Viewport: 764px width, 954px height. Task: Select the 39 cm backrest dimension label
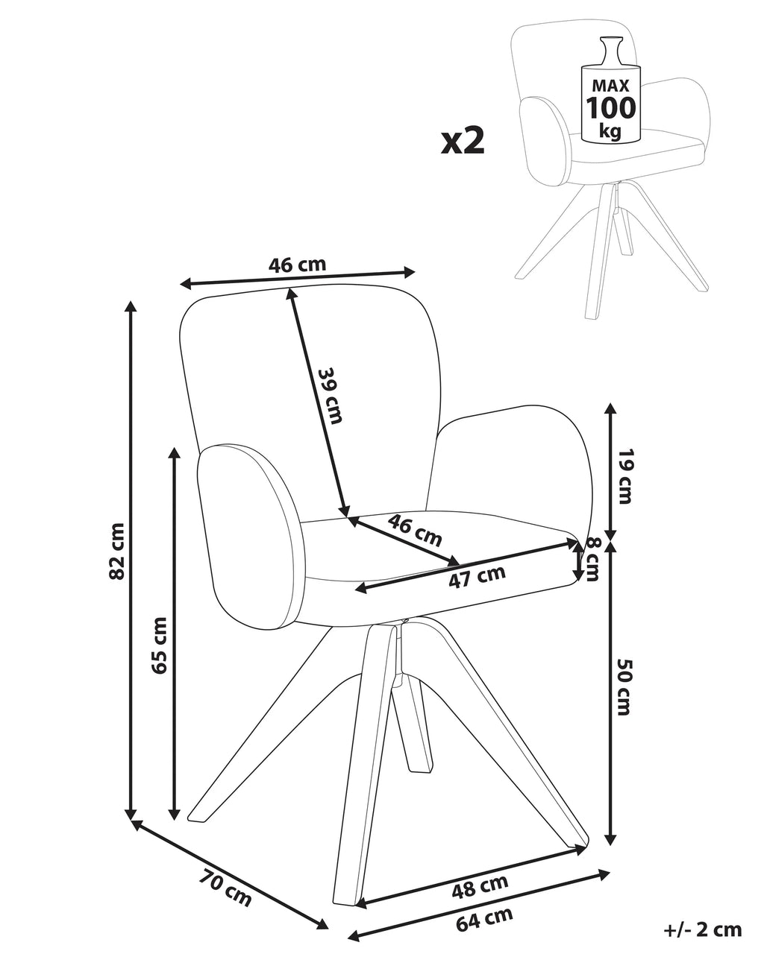pos(330,396)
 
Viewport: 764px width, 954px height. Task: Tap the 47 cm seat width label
pos(477,577)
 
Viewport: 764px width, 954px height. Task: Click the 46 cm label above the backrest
pos(297,265)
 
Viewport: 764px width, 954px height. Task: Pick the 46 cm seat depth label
pos(415,530)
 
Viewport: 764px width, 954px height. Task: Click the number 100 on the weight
pos(611,108)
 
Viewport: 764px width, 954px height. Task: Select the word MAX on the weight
pos(611,85)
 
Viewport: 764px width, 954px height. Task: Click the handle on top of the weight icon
pos(611,52)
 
